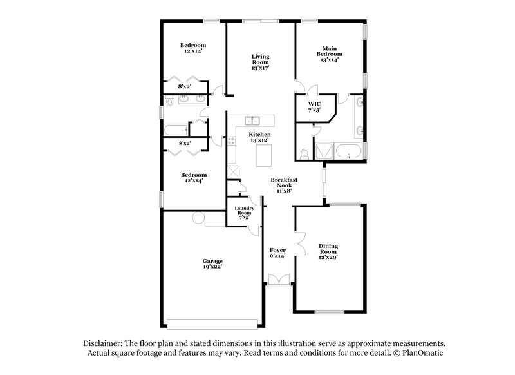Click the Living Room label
259,62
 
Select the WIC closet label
314,106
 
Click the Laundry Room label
244,212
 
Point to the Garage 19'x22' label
212,264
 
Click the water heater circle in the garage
197,220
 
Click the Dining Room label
328,250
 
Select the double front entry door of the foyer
279,279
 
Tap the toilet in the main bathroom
303,154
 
